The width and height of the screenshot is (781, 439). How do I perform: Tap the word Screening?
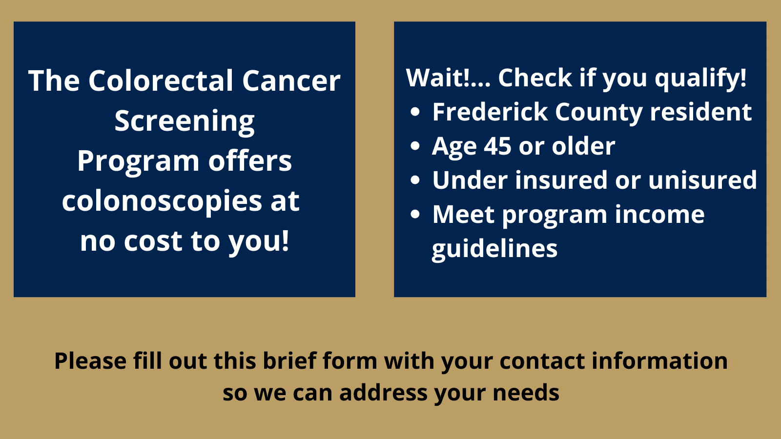click(x=185, y=121)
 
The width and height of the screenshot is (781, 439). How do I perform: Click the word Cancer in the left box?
click(x=291, y=80)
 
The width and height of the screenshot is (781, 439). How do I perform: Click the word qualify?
click(x=700, y=78)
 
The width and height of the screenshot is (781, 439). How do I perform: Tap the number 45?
click(x=497, y=146)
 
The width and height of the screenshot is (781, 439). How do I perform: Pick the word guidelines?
click(x=494, y=249)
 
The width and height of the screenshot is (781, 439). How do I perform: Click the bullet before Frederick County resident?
click(x=415, y=112)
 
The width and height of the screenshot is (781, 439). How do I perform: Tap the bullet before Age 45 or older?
click(x=415, y=146)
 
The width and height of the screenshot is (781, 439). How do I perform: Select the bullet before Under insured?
click(x=415, y=180)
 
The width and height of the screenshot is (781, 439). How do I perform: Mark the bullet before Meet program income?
click(x=415, y=214)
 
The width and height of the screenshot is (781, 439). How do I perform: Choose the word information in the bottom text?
click(x=659, y=361)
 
